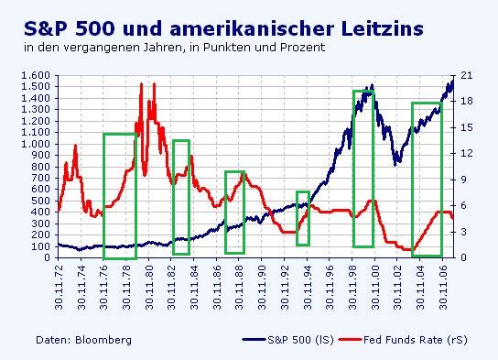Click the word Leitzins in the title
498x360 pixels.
(x=371, y=27)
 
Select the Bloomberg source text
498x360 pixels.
(x=83, y=340)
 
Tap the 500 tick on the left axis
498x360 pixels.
(x=40, y=201)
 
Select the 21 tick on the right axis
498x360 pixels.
(x=467, y=76)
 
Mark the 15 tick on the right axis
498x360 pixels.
(x=467, y=127)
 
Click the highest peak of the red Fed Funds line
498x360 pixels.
(x=141, y=84)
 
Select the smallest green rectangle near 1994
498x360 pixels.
(x=302, y=218)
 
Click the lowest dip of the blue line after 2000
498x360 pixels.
(x=395, y=164)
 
